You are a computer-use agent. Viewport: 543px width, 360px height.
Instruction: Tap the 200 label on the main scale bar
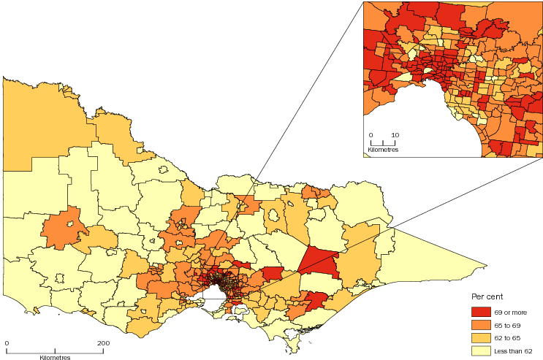click(103, 342)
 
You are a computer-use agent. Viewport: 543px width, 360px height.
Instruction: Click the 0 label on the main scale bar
click(7, 342)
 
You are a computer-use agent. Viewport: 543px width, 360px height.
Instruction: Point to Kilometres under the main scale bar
click(55, 357)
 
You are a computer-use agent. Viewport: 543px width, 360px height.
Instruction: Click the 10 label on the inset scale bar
click(395, 135)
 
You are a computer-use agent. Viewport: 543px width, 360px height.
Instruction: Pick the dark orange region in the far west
click(64, 228)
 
